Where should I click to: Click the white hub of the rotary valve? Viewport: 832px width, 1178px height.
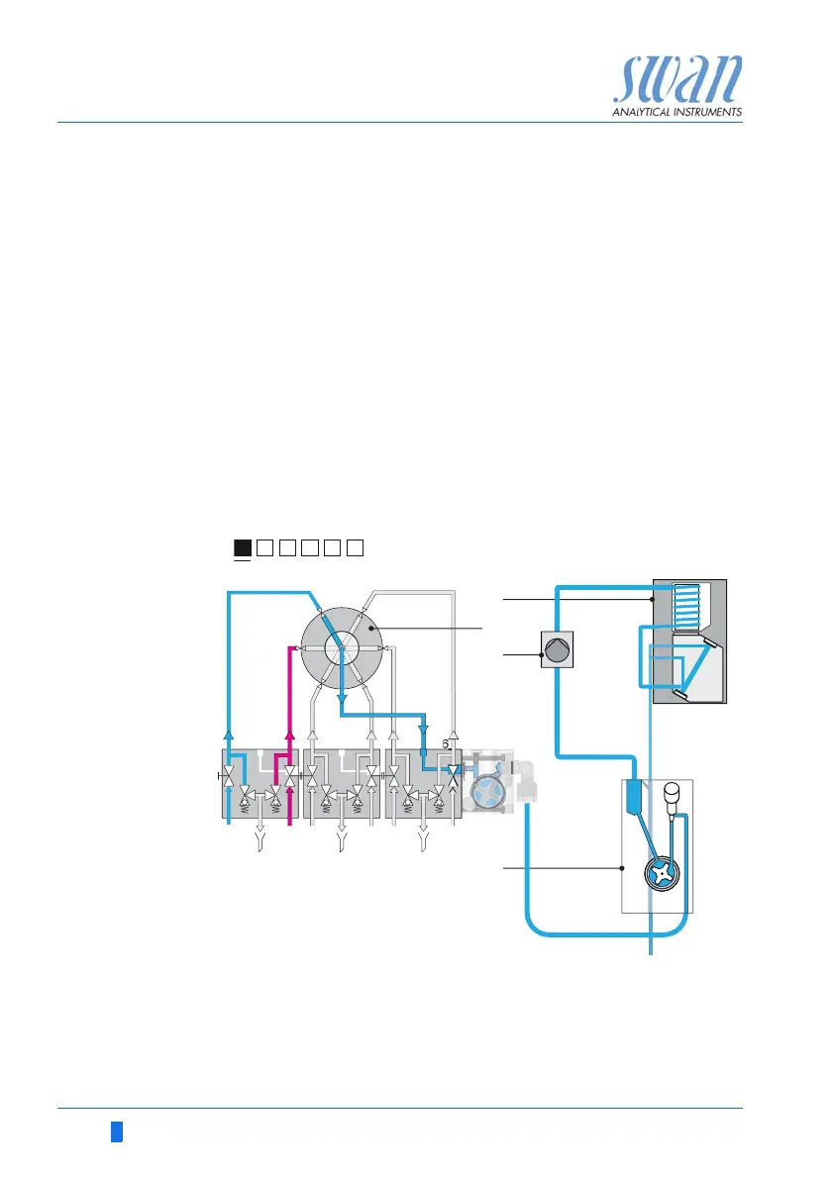[x=342, y=648]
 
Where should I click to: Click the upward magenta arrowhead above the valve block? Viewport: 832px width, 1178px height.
[x=290, y=734]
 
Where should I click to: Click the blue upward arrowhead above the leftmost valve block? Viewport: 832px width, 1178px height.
[x=230, y=734]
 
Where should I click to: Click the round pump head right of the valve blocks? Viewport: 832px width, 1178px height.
[x=487, y=794]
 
